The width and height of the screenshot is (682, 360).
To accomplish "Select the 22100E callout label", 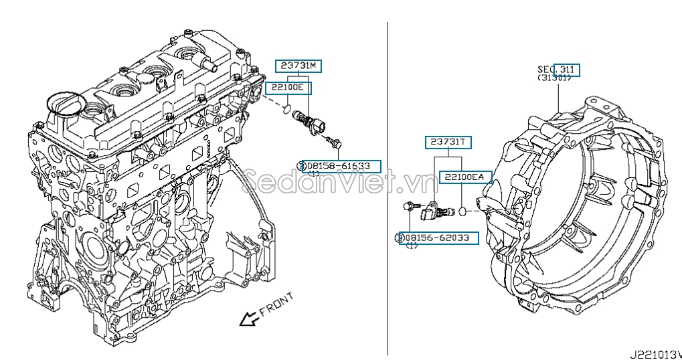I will point(288,88).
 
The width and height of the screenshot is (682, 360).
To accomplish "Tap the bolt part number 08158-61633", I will point(341,165).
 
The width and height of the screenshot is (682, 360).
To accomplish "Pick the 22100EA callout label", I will point(465,177).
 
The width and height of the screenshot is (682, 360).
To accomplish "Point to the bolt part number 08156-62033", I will point(438,238).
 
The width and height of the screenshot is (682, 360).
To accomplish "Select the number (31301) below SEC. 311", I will point(554,78).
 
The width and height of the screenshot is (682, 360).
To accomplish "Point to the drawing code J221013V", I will point(654,353).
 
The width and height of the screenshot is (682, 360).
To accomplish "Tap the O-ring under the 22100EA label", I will point(462,211).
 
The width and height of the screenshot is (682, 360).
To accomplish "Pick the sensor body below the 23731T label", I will point(428,213).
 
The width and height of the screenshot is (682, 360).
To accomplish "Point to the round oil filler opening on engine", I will point(65,104).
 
